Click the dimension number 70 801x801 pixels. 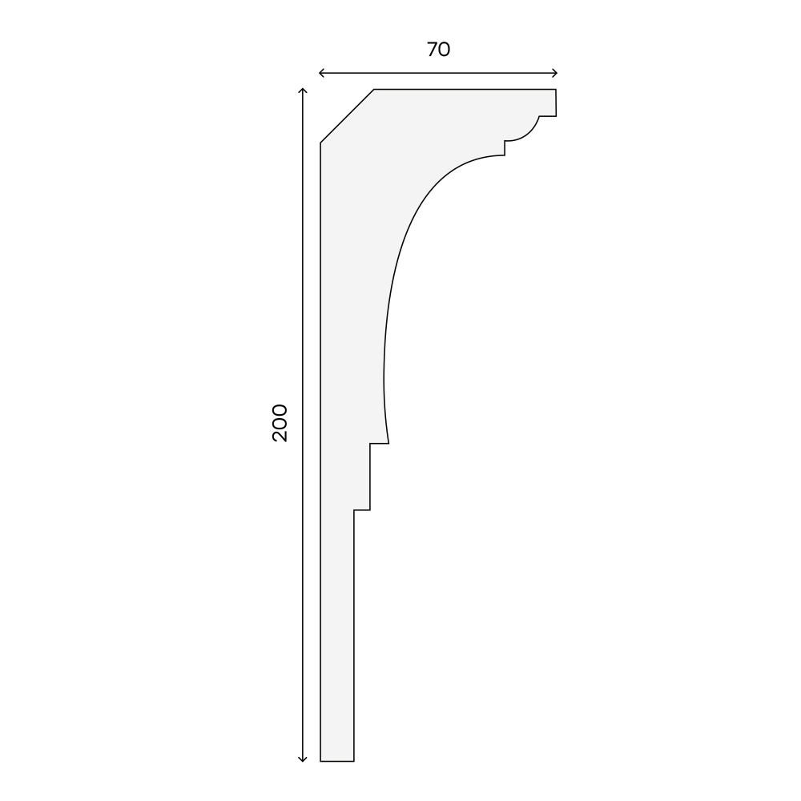[438, 50]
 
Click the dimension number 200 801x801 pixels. [280, 423]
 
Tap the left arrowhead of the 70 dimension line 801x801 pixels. [322, 73]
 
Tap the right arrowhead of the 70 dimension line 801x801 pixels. [554, 73]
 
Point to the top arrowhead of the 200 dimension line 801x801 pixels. [303, 91]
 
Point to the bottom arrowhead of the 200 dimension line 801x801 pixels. [303, 759]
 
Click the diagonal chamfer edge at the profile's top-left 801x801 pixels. [348, 116]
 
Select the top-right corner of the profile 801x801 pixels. [556, 90]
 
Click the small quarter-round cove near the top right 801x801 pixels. [526, 132]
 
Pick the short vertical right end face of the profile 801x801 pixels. [556, 103]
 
